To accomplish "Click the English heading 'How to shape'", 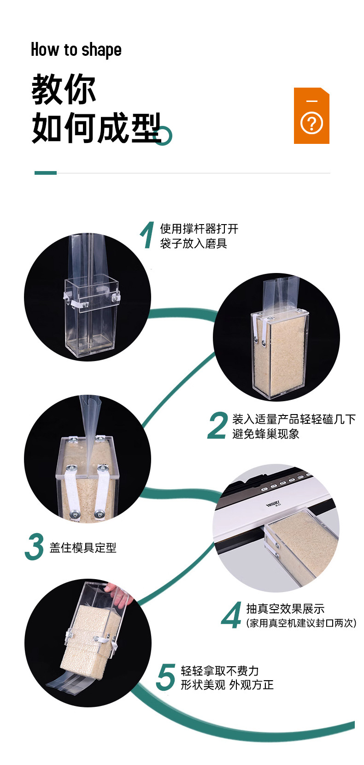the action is [76, 50].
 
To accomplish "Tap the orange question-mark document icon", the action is [311, 116].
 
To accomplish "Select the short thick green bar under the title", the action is [45, 173].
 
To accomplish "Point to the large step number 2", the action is [217, 425].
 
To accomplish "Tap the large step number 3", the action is [34, 546].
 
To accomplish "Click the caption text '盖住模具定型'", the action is [83, 547].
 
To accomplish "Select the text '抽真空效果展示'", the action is [285, 609].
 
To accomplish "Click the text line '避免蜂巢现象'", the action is [266, 434].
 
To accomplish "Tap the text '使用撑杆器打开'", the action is [199, 228].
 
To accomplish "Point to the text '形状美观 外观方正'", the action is [227, 685].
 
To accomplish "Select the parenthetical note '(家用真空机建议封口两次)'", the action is [301, 623].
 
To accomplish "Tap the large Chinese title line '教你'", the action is [64, 89].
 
